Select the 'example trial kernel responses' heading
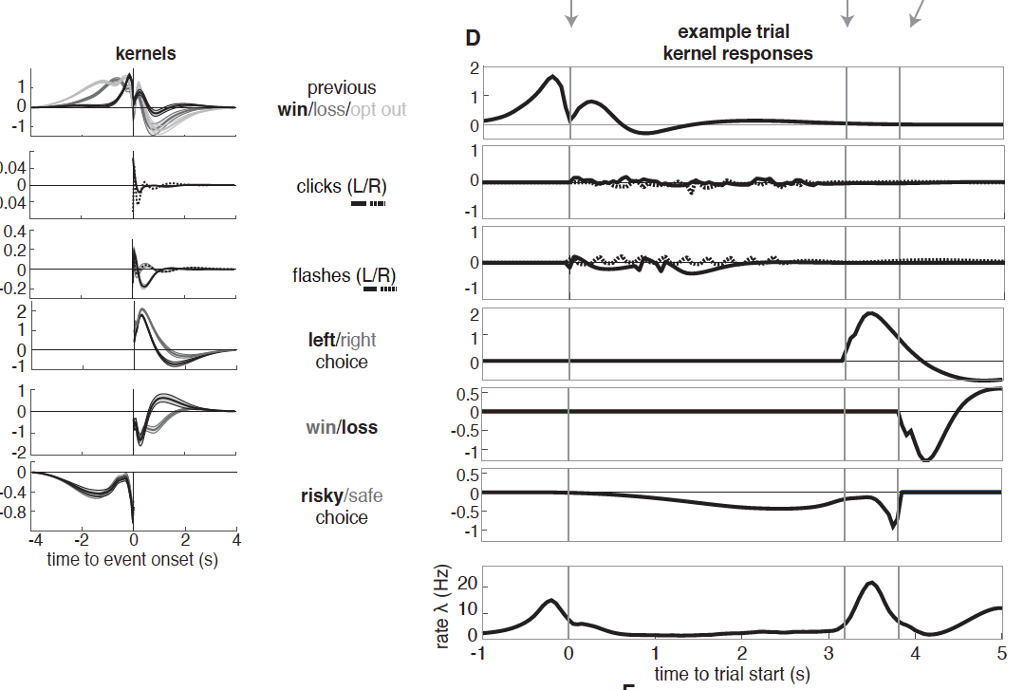pos(737,44)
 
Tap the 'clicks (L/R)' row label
pos(342,187)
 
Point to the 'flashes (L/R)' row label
pos(344,276)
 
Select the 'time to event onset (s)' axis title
pos(132,560)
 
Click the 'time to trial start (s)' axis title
pos(731,675)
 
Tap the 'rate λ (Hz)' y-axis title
pos(444,608)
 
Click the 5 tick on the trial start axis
pos(1002,654)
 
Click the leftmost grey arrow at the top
pos(569,13)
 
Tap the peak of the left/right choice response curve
pos(870,313)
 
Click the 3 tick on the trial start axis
pos(829,654)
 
